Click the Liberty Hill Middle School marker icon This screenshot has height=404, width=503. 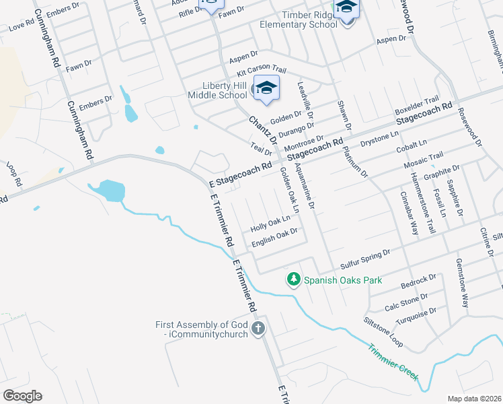coord(266,89)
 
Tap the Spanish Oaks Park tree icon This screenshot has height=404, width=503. coord(293,278)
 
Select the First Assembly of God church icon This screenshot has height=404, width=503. coord(258,329)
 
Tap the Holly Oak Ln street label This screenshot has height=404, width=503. coord(270,222)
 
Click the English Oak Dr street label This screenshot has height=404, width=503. coord(274,237)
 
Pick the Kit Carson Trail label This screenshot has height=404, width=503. coord(262,71)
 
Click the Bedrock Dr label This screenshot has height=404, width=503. coord(418,279)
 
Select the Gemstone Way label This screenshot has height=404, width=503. coord(462,283)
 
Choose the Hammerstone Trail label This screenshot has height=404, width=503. coord(423,203)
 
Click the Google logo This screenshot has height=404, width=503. coord(22,396)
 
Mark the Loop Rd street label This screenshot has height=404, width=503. coord(13,173)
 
